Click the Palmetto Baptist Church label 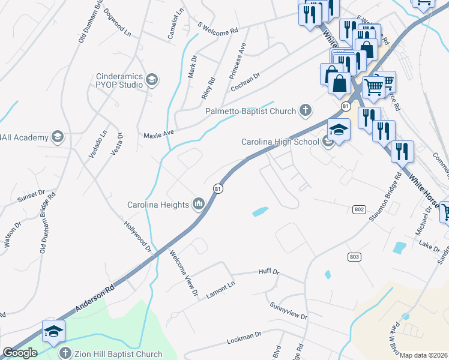point(250,111)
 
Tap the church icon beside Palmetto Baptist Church point(306,110)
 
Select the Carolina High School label point(280,142)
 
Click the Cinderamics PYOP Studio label point(120,80)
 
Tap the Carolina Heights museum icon point(199,205)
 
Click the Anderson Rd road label point(94,299)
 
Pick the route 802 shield point(359,209)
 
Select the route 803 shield point(354,256)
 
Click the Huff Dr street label point(269,272)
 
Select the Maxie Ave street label point(158,134)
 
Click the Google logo point(20,353)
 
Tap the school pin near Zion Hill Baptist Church point(53,331)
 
